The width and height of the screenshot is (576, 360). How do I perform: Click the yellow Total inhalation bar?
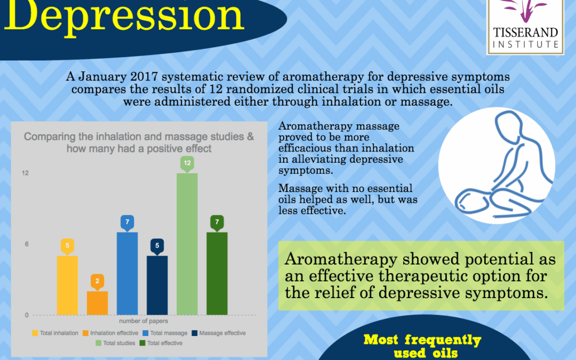pyautogui.click(x=67, y=285)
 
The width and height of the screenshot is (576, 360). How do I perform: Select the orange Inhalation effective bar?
pyautogui.click(x=98, y=303)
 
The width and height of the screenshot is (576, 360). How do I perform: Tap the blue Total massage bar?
pyautogui.click(x=127, y=273)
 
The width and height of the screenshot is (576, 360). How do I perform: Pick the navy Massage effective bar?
pyautogui.click(x=157, y=285)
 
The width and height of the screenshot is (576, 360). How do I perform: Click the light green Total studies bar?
pyautogui.click(x=187, y=244)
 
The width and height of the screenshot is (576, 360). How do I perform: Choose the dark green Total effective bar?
pyautogui.click(x=217, y=273)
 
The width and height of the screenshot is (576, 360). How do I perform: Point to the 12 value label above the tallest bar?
pyautogui.click(x=187, y=163)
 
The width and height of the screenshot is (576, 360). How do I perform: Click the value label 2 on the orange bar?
pyautogui.click(x=98, y=282)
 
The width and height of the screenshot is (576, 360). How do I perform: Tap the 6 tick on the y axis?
pyautogui.click(x=27, y=244)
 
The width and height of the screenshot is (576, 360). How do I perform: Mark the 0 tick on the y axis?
pyautogui.click(x=27, y=315)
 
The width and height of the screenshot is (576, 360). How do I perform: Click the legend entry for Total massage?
pyautogui.click(x=165, y=333)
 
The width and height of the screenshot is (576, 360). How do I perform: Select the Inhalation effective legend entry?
pyautogui.click(x=110, y=333)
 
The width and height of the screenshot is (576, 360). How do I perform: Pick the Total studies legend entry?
pyautogui.click(x=115, y=343)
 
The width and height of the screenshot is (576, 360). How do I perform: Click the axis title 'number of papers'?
pyautogui.click(x=143, y=321)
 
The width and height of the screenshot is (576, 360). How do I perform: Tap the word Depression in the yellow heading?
pyautogui.click(x=124, y=17)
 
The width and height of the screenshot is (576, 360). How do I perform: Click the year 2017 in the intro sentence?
pyautogui.click(x=143, y=77)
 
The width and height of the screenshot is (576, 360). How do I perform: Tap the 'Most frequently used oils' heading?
pyautogui.click(x=423, y=347)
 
